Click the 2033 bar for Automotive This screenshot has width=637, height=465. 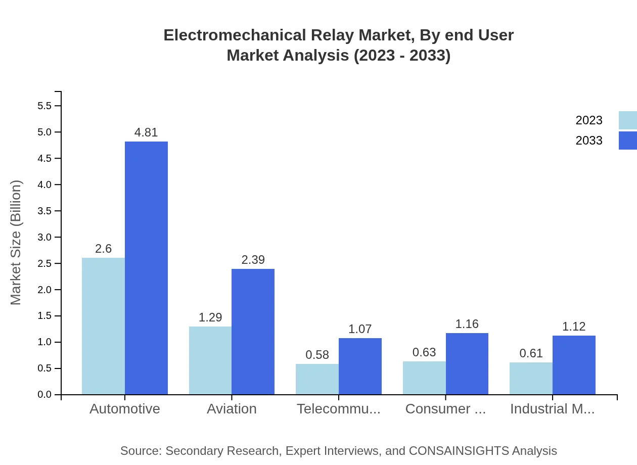(146, 268)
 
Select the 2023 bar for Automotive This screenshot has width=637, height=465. (103, 326)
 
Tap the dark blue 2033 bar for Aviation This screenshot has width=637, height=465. (253, 332)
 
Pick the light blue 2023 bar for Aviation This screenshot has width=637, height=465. (210, 360)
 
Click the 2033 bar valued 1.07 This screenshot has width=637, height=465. (360, 366)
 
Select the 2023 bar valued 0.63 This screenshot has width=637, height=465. (424, 378)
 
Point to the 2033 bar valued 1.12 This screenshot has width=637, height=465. (574, 365)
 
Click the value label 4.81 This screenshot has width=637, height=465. (146, 132)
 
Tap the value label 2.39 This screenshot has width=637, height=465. (253, 260)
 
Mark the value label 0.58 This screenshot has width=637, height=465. (317, 355)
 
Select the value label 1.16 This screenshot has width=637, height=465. (467, 324)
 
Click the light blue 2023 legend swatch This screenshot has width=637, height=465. (627, 120)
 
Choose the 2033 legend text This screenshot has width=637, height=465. (589, 141)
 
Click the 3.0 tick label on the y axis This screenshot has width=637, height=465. (44, 237)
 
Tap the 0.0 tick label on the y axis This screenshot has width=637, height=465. (44, 395)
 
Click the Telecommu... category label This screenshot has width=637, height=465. (339, 409)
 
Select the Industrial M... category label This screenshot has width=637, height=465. (552, 409)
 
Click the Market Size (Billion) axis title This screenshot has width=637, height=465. (16, 243)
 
